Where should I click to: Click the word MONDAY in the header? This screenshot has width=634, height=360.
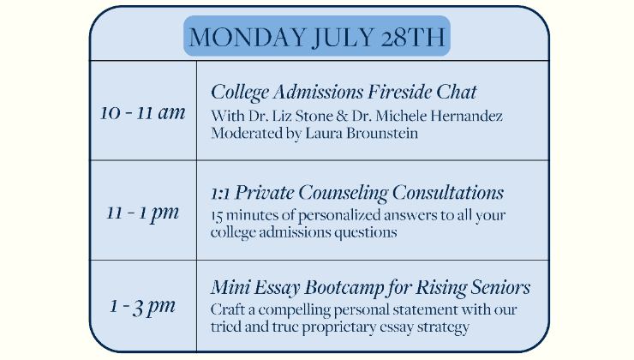(x=247, y=37)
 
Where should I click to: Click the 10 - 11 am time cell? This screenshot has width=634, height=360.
(x=143, y=112)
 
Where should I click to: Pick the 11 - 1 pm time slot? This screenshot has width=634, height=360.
(x=143, y=213)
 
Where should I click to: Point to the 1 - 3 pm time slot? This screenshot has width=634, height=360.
(x=143, y=307)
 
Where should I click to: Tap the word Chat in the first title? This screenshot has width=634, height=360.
(x=457, y=92)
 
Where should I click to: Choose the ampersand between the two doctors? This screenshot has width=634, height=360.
(x=342, y=116)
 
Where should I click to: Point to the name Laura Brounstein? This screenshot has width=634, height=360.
(x=362, y=133)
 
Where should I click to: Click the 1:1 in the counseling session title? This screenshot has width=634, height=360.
(x=220, y=194)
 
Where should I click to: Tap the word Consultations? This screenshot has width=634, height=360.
(x=448, y=193)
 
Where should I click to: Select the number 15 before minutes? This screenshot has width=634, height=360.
(x=217, y=216)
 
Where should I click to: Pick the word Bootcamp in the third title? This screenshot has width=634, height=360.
(x=344, y=288)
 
